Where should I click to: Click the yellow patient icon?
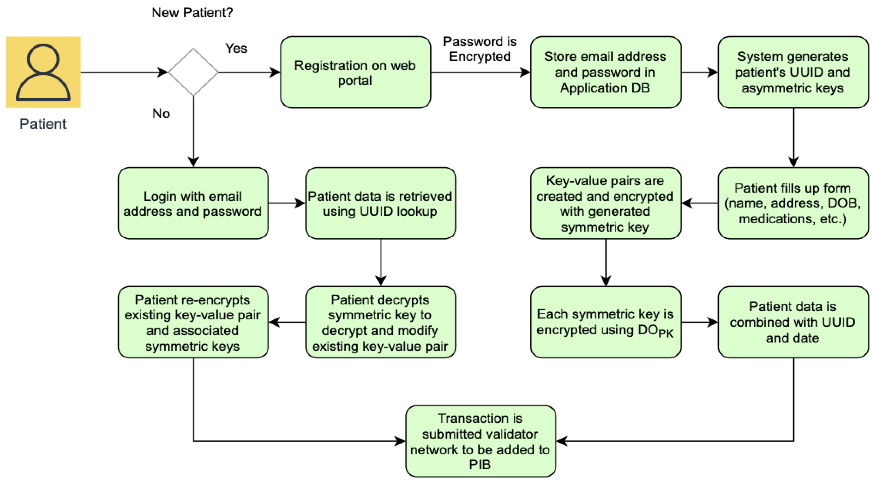coord(43,72)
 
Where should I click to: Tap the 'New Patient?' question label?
coord(192,13)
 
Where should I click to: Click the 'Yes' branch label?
coord(236,48)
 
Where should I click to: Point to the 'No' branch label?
coord(161,114)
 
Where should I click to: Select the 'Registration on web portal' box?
coord(355,72)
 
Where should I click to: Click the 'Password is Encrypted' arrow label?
coord(480,49)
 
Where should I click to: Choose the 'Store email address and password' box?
coord(605,72)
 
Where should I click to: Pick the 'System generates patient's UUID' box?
coord(793,72)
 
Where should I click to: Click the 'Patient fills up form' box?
coord(793,203)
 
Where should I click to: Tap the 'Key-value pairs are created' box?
coord(605,203)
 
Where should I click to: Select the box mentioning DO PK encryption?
coord(605,322)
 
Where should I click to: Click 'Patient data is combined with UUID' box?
coord(793,322)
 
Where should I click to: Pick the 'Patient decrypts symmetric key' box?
coord(380,322)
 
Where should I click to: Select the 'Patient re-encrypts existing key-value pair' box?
coord(193,322)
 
